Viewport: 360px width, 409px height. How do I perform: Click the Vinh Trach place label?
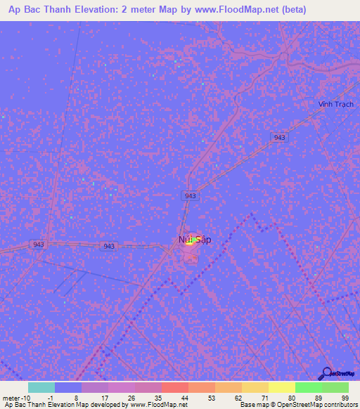pos(335,105)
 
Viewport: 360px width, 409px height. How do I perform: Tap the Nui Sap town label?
pos(195,240)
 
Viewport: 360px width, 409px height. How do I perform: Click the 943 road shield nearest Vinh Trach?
pos(280,138)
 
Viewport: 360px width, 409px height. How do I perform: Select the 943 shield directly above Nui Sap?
pos(190,195)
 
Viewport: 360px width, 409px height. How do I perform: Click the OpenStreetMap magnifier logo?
pos(326,375)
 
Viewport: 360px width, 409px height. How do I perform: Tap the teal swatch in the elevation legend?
pos(41,387)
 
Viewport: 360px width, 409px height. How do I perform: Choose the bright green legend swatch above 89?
pos(308,387)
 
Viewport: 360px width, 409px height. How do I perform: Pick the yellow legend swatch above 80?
pos(281,387)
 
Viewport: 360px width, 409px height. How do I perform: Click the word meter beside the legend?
pos(12,397)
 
